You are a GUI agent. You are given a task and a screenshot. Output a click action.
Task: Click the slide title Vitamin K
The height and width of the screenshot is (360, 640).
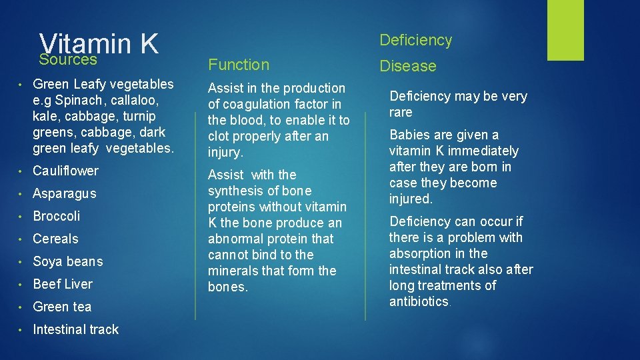coord(99,43)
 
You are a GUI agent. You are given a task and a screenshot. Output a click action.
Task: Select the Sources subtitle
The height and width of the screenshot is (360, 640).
coord(68,60)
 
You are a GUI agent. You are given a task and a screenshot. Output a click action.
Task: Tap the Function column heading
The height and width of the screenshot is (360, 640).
coord(239,65)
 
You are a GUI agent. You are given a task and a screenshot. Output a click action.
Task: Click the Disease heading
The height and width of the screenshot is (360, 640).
coord(408,66)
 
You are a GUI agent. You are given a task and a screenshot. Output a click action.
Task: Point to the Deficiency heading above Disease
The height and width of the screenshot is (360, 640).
coord(415,40)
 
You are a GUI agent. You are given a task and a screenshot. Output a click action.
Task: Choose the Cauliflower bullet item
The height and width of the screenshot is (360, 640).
coord(65,171)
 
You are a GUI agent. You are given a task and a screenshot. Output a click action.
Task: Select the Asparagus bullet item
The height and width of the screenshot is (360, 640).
coord(65,193)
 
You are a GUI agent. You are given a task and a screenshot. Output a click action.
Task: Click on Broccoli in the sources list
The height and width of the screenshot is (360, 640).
coord(57,216)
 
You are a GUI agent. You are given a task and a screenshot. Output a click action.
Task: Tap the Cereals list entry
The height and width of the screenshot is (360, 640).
coord(55,239)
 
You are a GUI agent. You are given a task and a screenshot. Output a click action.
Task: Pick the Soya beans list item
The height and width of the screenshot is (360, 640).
coord(68,261)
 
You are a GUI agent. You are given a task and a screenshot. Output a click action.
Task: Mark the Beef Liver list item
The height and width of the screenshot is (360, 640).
coord(63,284)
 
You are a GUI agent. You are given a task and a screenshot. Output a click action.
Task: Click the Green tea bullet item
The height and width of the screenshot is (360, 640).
coord(62,307)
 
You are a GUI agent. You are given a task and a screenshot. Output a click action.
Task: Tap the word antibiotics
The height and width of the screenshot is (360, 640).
coord(419,301)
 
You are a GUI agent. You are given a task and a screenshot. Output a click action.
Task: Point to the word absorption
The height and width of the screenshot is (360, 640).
coord(420,253)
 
